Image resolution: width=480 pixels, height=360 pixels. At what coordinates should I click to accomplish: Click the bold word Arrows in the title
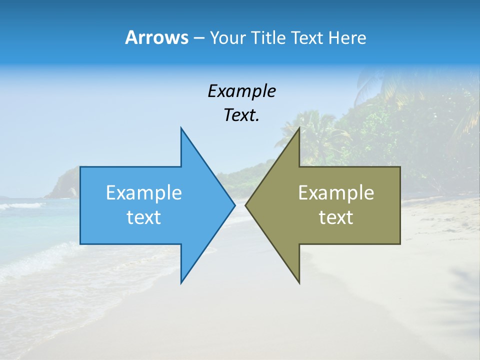(x=156, y=37)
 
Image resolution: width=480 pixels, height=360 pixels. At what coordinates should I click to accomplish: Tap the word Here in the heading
(x=347, y=37)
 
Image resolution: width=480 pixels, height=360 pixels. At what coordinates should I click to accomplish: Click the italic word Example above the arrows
(x=241, y=91)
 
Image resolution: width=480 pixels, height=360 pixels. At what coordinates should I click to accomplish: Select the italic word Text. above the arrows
(x=241, y=115)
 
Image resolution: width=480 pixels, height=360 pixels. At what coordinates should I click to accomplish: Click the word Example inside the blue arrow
(x=144, y=193)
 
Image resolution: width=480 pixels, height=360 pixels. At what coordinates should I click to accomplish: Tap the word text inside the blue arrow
(x=144, y=217)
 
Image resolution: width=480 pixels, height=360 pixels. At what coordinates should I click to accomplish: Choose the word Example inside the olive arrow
(x=336, y=193)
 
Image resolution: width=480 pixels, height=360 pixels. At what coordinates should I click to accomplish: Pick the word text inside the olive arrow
(x=336, y=217)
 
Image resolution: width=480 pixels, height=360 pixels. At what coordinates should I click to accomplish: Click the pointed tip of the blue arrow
(x=234, y=205)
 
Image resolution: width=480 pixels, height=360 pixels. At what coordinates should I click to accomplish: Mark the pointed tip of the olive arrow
(x=245, y=205)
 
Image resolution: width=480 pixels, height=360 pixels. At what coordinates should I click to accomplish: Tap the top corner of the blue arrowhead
(x=181, y=128)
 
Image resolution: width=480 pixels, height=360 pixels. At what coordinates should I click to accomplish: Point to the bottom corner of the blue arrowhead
(x=181, y=282)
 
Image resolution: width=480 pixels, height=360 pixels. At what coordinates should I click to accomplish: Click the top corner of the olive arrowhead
(x=299, y=128)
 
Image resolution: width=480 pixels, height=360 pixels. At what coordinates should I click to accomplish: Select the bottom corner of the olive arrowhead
(x=299, y=282)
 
